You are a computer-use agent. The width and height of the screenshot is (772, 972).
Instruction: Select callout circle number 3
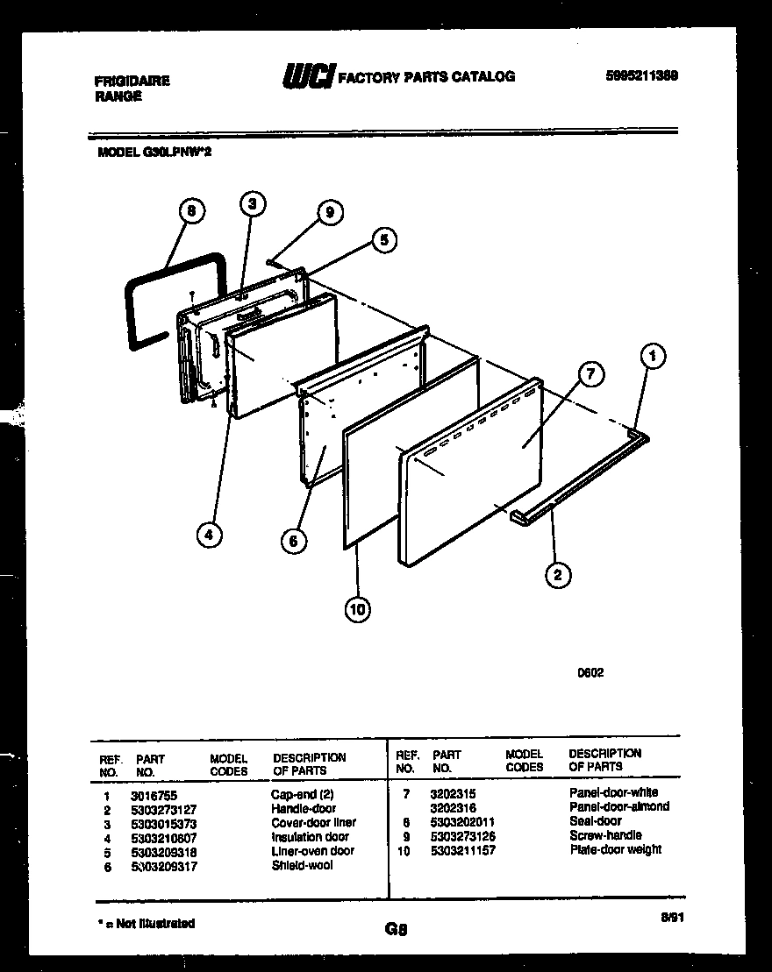pos(252,204)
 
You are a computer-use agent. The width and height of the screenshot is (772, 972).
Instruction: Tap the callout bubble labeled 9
pos(329,212)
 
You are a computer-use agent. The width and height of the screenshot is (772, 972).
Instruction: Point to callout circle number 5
pos(383,239)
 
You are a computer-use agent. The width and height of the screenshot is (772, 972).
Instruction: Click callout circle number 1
pos(651,357)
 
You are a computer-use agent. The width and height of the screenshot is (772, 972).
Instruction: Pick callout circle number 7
pos(590,375)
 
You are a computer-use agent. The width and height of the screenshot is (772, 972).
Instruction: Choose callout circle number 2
pos(558,575)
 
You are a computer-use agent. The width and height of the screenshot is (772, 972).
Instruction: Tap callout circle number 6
pos(294,542)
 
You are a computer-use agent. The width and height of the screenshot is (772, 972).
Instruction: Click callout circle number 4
pos(208,534)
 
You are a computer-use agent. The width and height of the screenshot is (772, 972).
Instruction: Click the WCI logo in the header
pos(307,77)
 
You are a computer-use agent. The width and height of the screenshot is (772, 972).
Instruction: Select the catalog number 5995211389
pos(641,76)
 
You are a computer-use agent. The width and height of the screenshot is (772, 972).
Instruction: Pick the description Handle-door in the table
pos(304,809)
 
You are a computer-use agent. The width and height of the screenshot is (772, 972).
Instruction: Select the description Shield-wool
pos(302,866)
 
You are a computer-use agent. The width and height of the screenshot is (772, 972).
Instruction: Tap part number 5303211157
pos(464,850)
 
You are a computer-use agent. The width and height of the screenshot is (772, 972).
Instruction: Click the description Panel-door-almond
pos(618,807)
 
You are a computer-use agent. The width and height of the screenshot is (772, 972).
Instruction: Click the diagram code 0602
pos(590,673)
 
